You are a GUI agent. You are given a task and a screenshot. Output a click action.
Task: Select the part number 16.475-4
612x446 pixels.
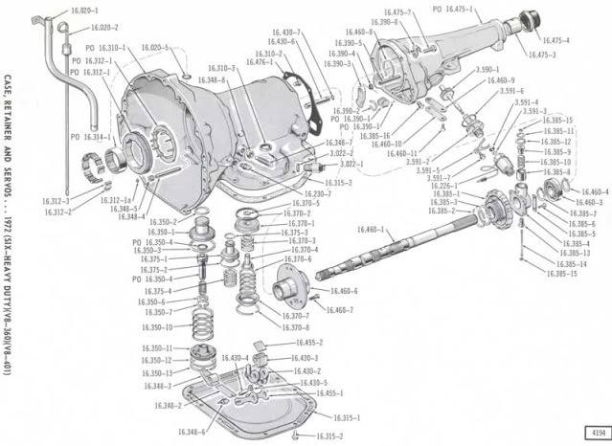(x=555, y=41)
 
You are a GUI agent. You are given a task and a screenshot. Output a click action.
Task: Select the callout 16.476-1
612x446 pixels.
(x=283, y=62)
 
